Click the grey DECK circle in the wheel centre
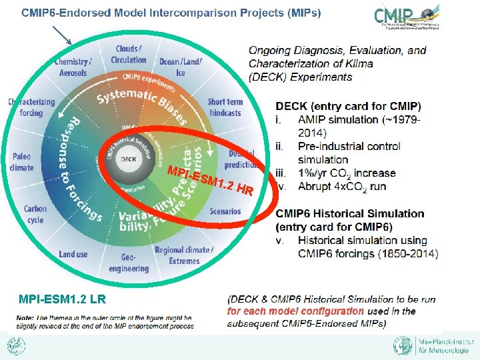[x=129, y=159]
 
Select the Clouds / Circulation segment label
[x=128, y=54]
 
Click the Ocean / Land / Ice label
[x=179, y=67]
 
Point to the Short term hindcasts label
[x=225, y=107]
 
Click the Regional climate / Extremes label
[x=183, y=255]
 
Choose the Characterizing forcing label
[x=31, y=107]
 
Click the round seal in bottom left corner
[x=15, y=346]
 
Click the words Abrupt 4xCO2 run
[x=342, y=186]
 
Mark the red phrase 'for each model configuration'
[x=295, y=311]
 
